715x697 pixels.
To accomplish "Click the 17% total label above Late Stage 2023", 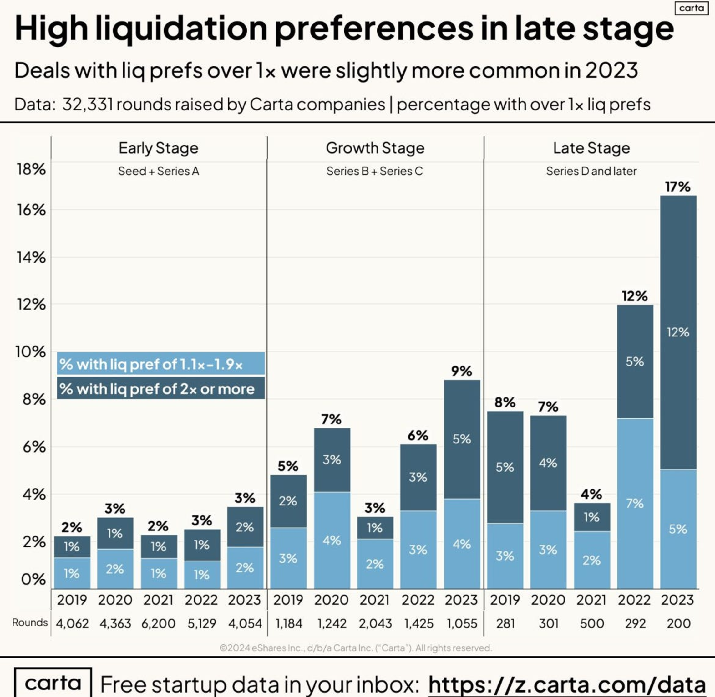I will click(x=678, y=187).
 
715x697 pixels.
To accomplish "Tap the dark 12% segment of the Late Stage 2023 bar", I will click(x=678, y=332).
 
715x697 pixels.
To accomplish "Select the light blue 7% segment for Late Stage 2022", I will click(x=635, y=503).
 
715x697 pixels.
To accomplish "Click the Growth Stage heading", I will click(x=375, y=148).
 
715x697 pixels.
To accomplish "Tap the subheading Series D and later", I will click(x=591, y=171).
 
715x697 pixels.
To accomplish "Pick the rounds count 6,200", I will click(x=159, y=623).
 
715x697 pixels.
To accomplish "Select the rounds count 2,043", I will click(x=375, y=623).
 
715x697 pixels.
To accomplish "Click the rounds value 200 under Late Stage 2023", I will click(x=678, y=623).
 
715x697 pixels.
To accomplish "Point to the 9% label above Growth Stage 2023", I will click(x=461, y=371).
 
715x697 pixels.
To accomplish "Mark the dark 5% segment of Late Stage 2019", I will click(x=505, y=467).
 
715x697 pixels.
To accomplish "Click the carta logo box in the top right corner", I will click(x=691, y=8).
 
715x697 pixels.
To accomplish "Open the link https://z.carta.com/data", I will click(x=567, y=684).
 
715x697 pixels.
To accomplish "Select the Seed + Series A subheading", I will click(x=159, y=171).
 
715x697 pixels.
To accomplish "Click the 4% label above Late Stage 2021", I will click(x=591, y=494).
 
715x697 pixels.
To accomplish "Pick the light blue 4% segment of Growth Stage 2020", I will click(x=332, y=540).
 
